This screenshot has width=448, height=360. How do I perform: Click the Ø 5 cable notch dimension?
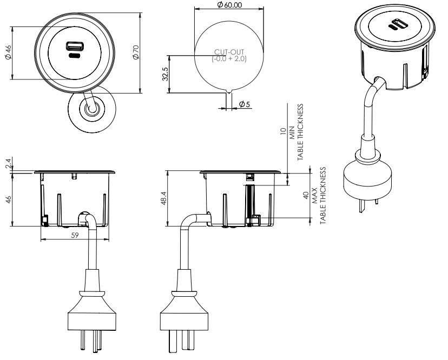[x=243, y=104]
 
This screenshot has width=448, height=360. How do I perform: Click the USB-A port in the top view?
[x=72, y=46]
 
